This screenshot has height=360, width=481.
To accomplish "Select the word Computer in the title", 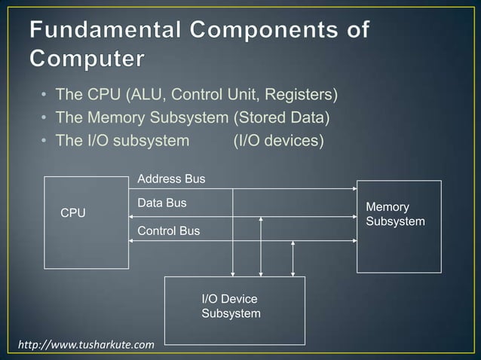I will pyautogui.click(x=87, y=58).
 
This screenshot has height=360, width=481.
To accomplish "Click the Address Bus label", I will pyautogui.click(x=171, y=179).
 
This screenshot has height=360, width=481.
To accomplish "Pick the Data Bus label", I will pyautogui.click(x=162, y=203).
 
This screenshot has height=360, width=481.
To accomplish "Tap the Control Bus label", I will pyautogui.click(x=169, y=230).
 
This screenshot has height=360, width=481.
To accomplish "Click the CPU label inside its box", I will pyautogui.click(x=73, y=214).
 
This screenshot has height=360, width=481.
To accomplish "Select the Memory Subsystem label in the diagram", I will pyautogui.click(x=394, y=215).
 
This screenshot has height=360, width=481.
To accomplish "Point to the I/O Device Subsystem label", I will pyautogui.click(x=231, y=307).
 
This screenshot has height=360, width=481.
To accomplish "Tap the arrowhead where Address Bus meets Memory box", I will pyautogui.click(x=354, y=188).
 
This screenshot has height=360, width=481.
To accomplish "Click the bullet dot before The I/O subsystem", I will pyautogui.click(x=44, y=141).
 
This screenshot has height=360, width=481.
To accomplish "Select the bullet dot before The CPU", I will pyautogui.click(x=44, y=96).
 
